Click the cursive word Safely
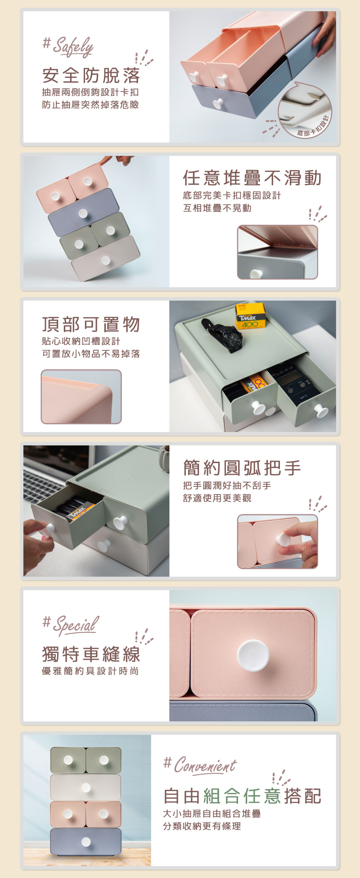73,47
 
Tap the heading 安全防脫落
91,76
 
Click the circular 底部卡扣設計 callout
305,110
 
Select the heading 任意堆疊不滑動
252,178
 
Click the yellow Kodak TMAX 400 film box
251,316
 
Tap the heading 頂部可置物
91,324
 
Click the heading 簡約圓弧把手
242,468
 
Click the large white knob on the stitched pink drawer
253,656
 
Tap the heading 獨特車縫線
91,654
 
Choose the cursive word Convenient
205,765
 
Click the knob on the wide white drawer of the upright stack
86,788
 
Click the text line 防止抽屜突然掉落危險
90,105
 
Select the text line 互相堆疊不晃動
217,208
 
